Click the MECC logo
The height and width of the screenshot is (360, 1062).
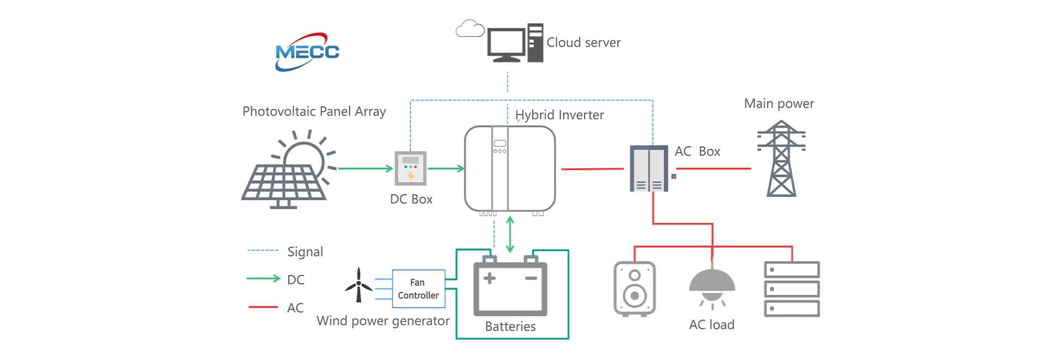click(307, 52)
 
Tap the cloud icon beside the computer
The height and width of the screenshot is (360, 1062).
click(470, 29)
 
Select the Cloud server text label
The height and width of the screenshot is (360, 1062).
click(583, 43)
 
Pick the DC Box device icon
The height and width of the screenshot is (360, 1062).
click(410, 168)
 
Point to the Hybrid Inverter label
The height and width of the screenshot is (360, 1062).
click(559, 115)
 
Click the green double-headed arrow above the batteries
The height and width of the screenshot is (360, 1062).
click(510, 234)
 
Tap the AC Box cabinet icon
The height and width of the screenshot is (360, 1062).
click(649, 169)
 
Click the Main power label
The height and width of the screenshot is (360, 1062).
click(779, 103)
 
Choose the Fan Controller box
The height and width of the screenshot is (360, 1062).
click(418, 289)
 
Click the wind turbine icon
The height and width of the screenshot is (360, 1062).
click(358, 285)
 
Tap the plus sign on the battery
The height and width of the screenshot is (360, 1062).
click(490, 278)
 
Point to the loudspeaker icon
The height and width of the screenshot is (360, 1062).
click(634, 289)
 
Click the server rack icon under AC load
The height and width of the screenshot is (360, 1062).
click(792, 289)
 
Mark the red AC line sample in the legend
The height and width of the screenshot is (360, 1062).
click(263, 307)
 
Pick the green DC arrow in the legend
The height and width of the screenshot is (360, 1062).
click(263, 279)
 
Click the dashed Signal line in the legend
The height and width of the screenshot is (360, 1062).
click(263, 251)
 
